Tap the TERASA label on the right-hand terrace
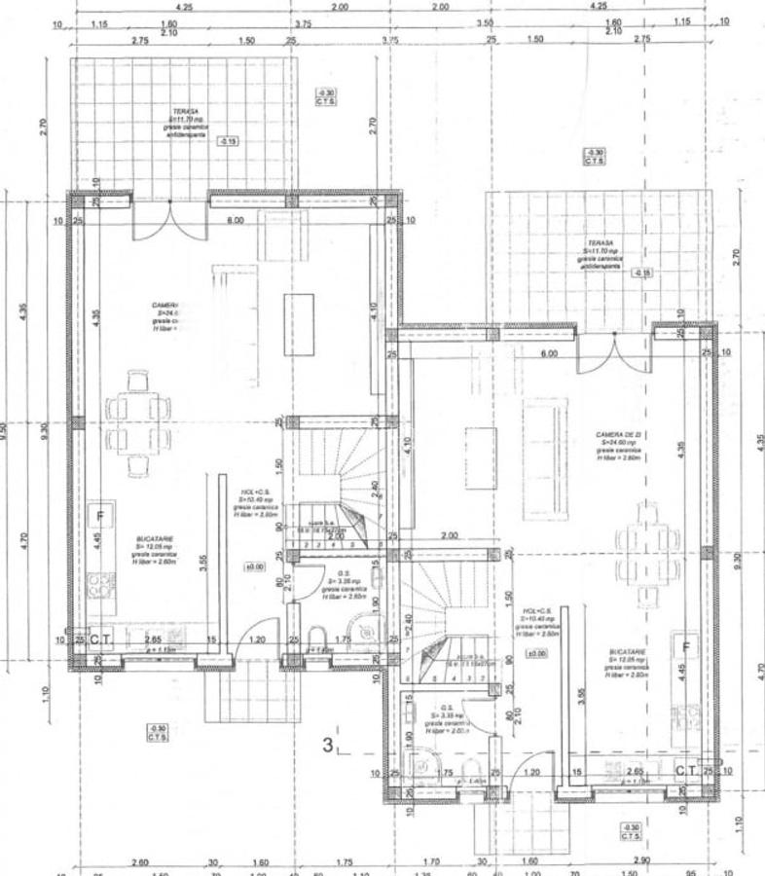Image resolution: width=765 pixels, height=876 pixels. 601,243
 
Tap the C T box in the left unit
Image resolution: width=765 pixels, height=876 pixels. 100,639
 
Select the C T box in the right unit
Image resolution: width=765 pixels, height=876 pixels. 686,771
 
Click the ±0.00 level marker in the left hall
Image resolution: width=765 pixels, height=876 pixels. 255,566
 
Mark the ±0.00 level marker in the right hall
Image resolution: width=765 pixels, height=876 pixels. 535,653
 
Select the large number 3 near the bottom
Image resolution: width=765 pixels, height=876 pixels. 329,747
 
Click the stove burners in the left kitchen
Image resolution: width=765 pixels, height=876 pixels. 101,586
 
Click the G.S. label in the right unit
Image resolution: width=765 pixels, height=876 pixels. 445,708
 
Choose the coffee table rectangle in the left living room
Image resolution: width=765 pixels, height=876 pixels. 300,326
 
